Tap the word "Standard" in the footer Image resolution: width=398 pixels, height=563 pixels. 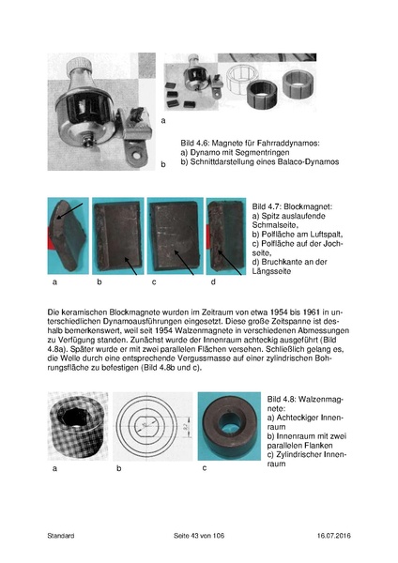tap(60, 536)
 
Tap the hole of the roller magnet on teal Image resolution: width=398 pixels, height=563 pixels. tap(225, 424)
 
